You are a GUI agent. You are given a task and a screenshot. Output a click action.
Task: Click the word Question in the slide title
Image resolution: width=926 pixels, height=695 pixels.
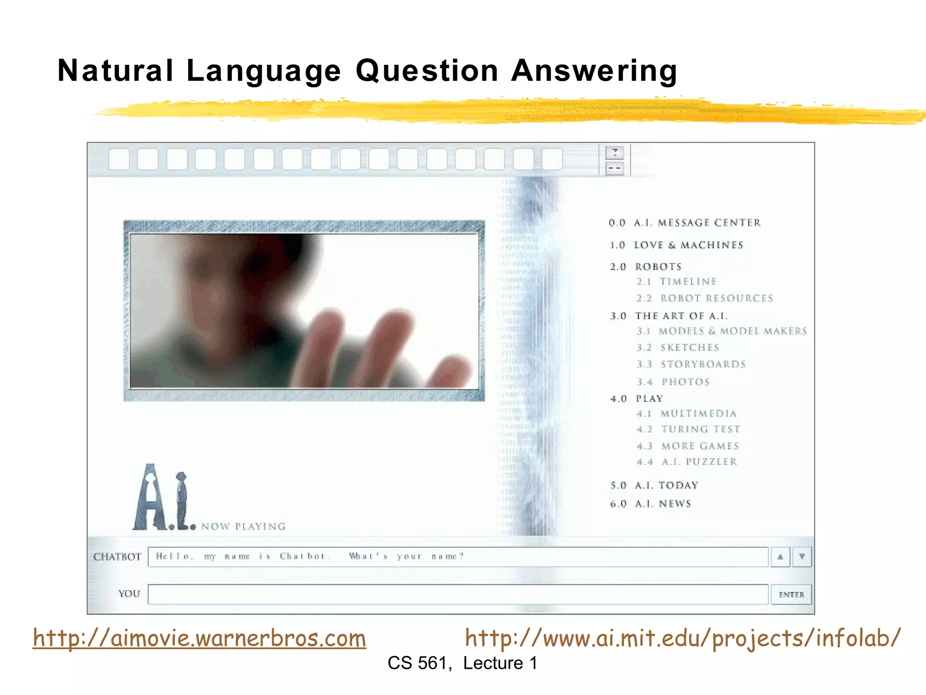[x=427, y=71]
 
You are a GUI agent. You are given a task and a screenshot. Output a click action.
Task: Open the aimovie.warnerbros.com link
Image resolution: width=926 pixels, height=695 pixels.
[x=199, y=638]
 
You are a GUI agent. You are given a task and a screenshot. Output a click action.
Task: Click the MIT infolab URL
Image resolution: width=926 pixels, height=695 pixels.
[x=683, y=638]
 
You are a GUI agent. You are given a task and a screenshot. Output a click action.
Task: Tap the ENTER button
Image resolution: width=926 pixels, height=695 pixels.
[x=791, y=595]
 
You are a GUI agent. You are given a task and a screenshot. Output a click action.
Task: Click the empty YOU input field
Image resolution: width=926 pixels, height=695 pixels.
[x=458, y=595]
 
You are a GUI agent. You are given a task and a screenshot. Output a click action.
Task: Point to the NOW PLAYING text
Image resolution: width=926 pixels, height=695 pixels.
[x=243, y=526]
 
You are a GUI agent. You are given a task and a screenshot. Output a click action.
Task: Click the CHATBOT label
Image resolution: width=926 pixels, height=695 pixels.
[x=117, y=557]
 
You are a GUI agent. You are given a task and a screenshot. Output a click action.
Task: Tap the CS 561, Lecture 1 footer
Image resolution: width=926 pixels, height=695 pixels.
[x=462, y=663]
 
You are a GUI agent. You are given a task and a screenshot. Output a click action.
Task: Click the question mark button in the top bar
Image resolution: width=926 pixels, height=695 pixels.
[x=615, y=152]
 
